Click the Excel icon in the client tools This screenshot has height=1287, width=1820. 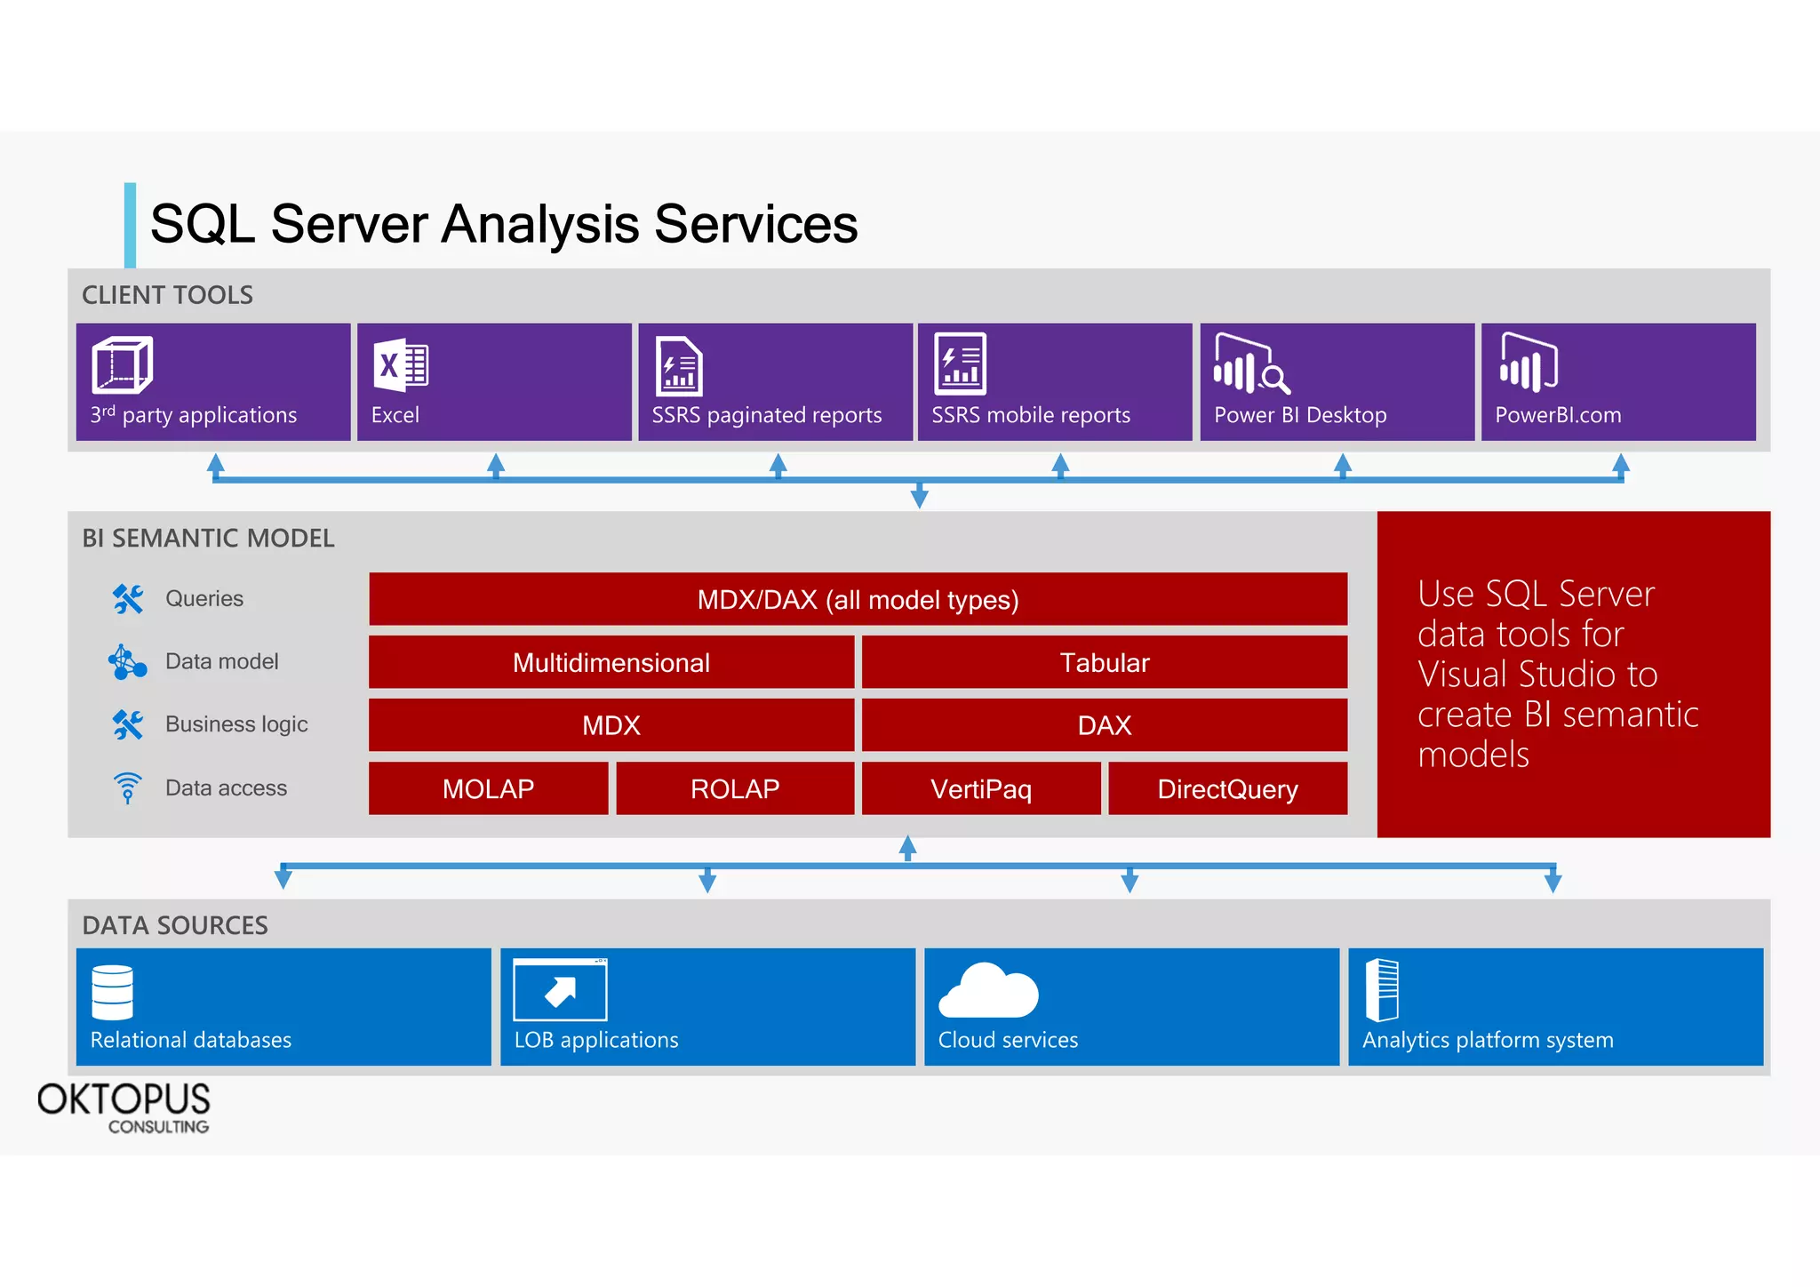point(401,365)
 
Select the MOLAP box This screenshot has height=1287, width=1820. point(488,788)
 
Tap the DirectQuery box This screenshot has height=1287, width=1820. point(1227,788)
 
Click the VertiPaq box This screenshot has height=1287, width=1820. point(981,788)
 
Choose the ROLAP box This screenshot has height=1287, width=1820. point(735,788)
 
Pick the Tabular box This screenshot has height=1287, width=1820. point(1104,662)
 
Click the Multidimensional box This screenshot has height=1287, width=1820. point(611,662)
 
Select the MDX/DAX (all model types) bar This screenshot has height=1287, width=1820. point(858,599)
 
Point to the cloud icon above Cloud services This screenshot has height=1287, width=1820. point(988,990)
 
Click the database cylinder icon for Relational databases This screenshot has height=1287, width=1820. point(113,992)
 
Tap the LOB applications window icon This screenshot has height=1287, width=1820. point(560,990)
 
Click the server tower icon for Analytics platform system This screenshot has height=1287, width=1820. point(1382,990)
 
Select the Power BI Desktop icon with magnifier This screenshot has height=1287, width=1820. point(1250,365)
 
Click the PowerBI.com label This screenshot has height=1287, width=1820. point(1558,415)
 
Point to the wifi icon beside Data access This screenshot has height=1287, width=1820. point(128,787)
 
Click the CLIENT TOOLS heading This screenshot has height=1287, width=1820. point(167,295)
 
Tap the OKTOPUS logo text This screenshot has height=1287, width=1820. point(124,1100)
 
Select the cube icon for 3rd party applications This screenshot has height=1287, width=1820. point(122,365)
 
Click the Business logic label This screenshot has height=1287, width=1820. point(236,724)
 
